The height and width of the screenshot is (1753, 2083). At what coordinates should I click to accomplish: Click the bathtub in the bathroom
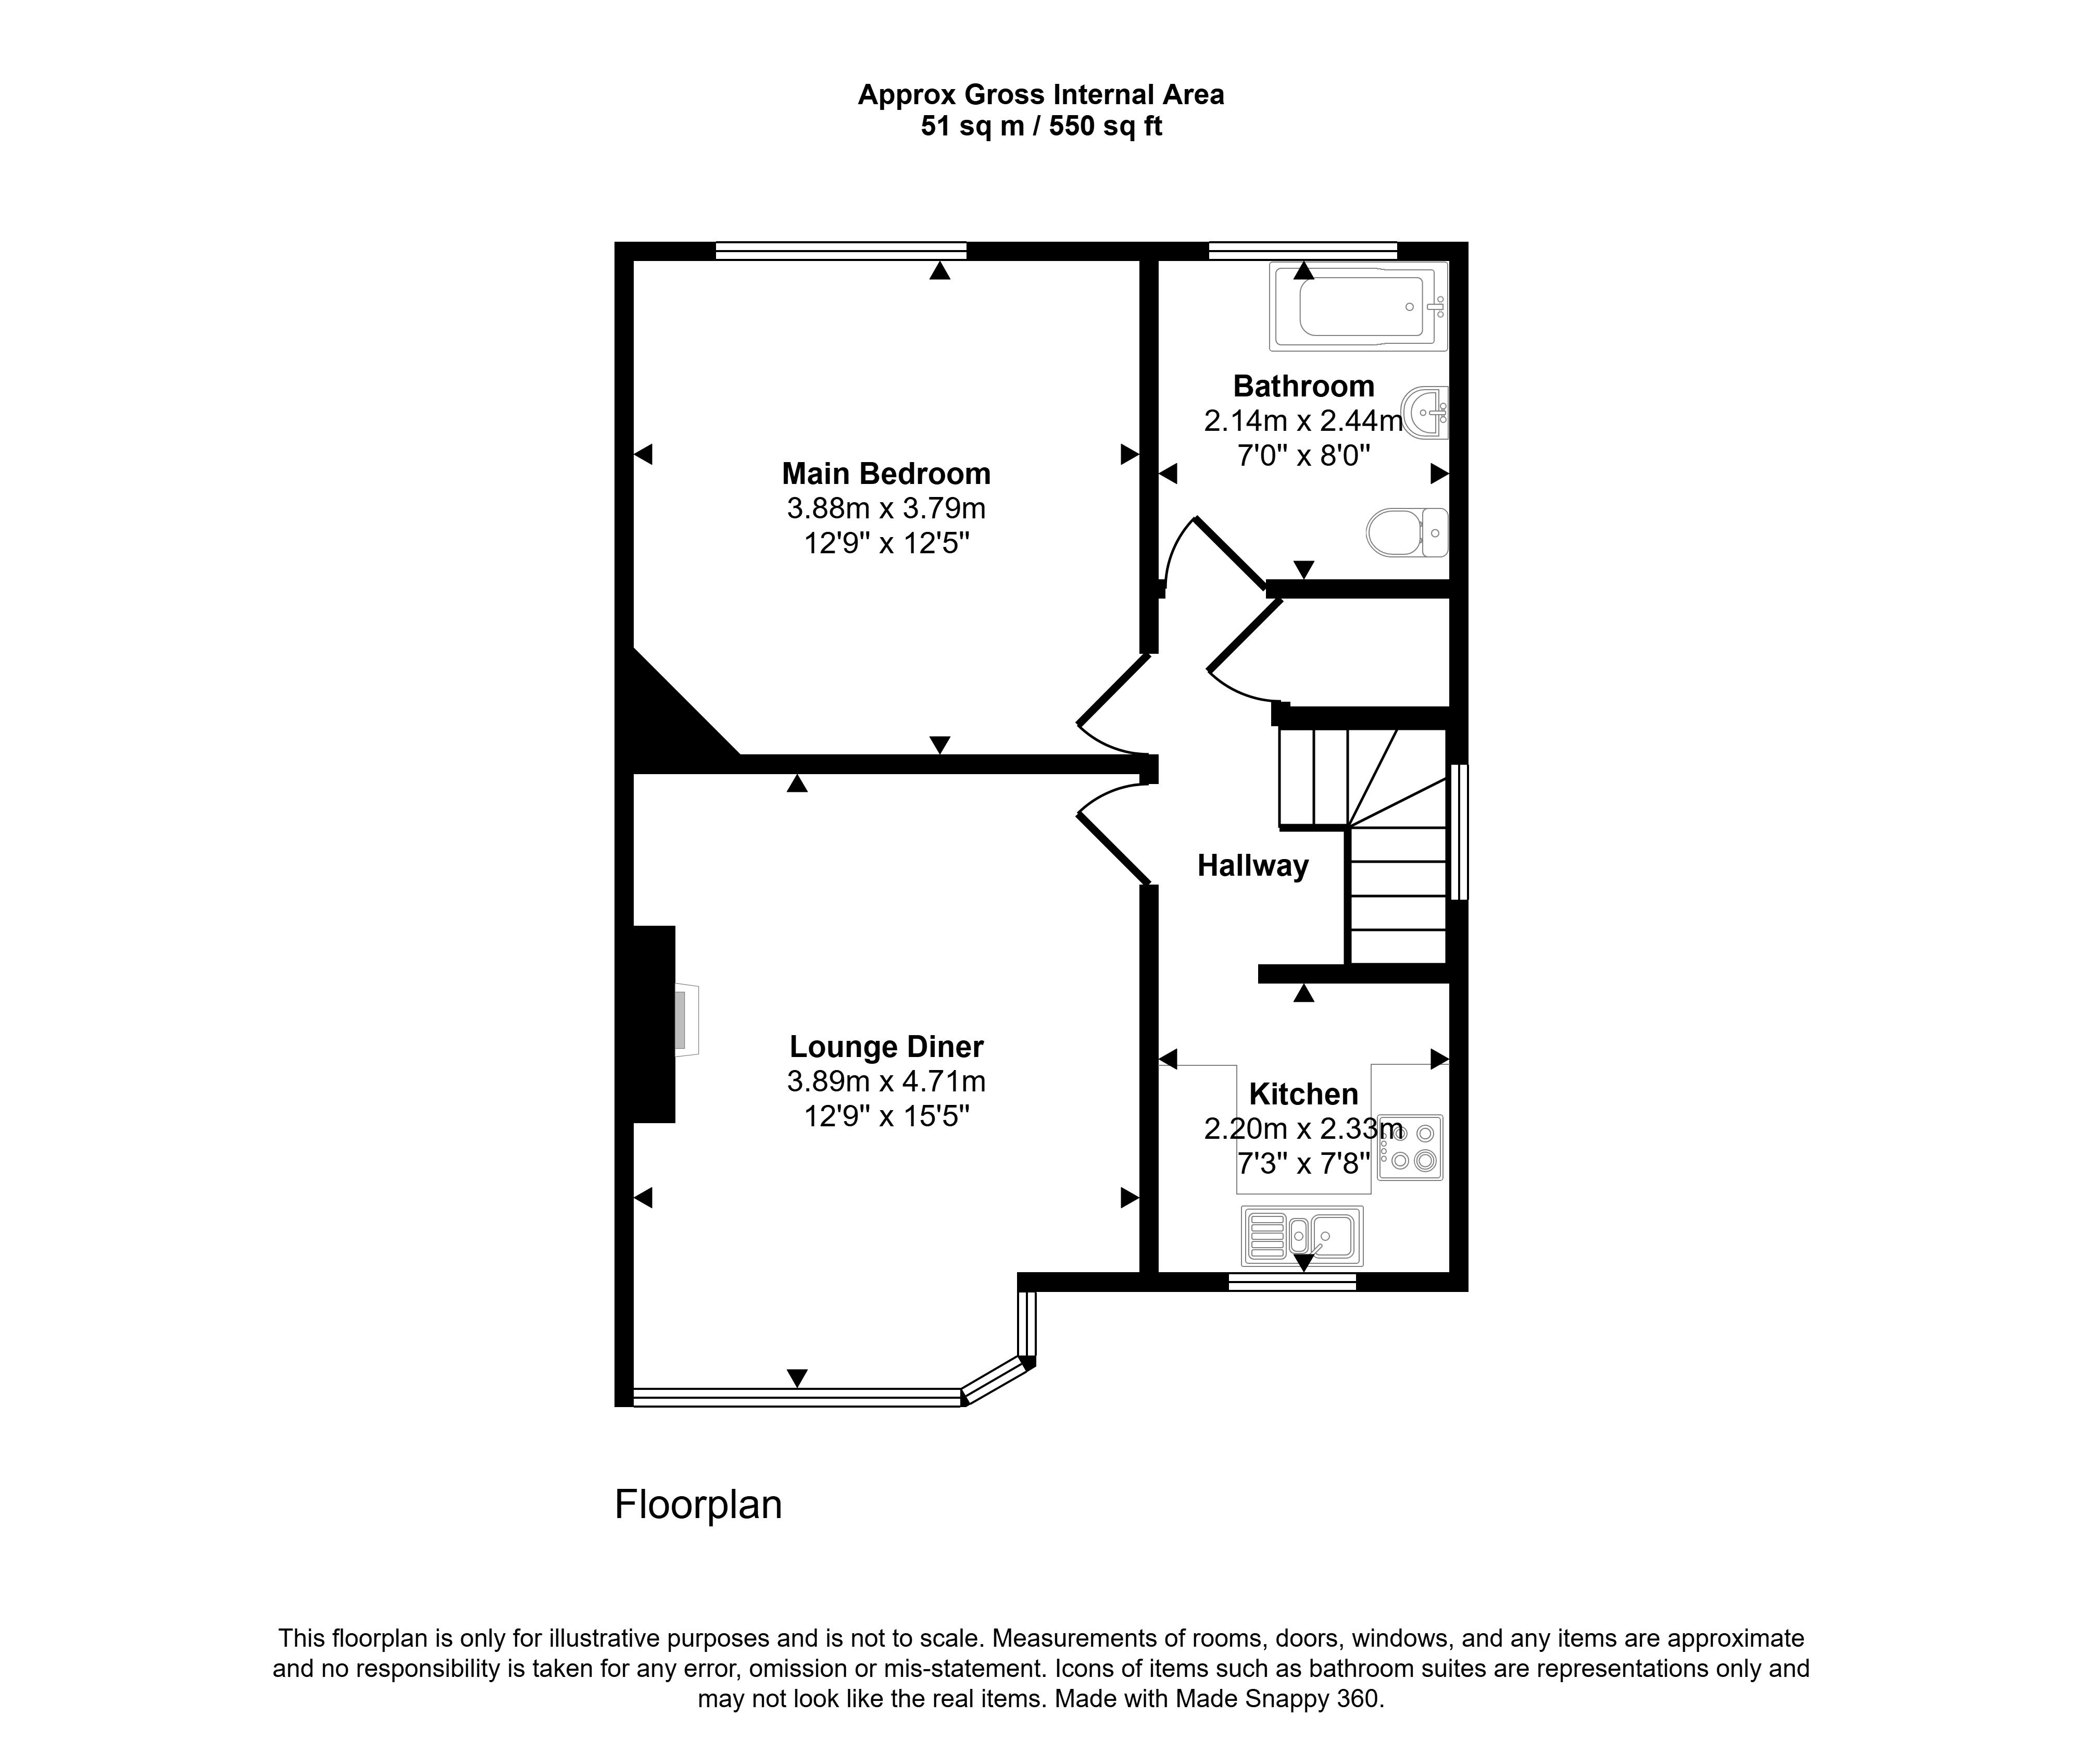pyautogui.click(x=1358, y=306)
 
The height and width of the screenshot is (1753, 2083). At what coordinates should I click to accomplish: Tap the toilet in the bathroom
pyautogui.click(x=1407, y=532)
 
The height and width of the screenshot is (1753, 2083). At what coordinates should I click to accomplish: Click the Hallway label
pyautogui.click(x=1252, y=866)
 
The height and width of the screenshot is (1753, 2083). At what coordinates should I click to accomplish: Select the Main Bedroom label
pyautogui.click(x=886, y=473)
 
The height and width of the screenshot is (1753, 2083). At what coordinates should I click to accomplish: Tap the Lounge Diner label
pyautogui.click(x=886, y=1047)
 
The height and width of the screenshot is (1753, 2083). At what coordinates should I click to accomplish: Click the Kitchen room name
pyautogui.click(x=1303, y=1094)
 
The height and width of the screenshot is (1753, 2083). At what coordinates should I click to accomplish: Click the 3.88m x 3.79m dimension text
pyautogui.click(x=886, y=509)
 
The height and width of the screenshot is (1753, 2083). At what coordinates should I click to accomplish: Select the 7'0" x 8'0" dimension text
pyautogui.click(x=1303, y=456)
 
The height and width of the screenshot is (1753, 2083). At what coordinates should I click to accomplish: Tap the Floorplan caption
pyautogui.click(x=698, y=1505)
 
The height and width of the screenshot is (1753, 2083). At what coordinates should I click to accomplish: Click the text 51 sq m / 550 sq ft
pyautogui.click(x=1041, y=126)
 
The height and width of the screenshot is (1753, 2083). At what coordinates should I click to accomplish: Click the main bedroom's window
pyautogui.click(x=840, y=252)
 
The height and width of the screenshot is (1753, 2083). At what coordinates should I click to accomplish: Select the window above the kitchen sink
pyautogui.click(x=1293, y=1282)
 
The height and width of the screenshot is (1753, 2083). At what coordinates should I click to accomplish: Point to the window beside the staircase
pyautogui.click(x=1458, y=832)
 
